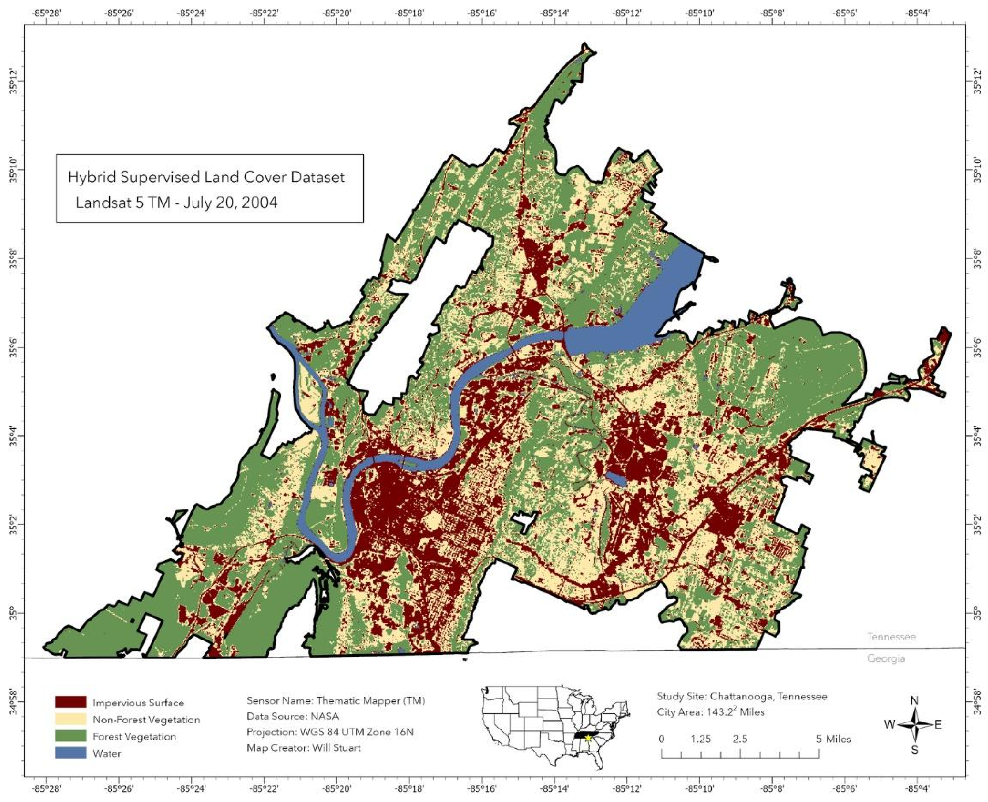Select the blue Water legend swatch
click(x=70, y=753)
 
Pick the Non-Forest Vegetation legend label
click(x=146, y=720)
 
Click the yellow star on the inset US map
click(x=588, y=738)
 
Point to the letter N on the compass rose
click(x=914, y=701)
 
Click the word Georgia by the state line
click(x=885, y=658)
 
